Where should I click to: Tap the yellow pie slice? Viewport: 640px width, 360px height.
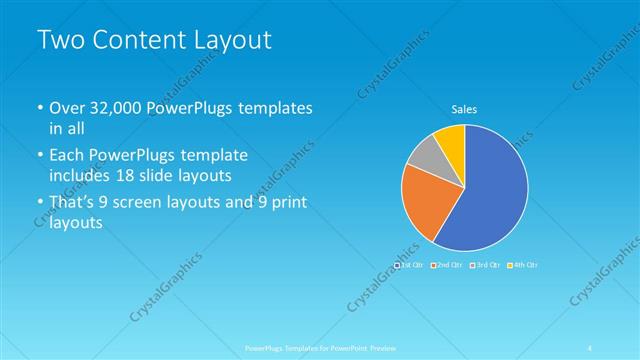coord(452,140)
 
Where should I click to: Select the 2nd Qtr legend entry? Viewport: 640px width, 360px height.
coord(446,264)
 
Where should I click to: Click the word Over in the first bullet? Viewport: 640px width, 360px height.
coord(68,107)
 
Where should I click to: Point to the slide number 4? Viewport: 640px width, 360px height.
coord(591,348)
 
